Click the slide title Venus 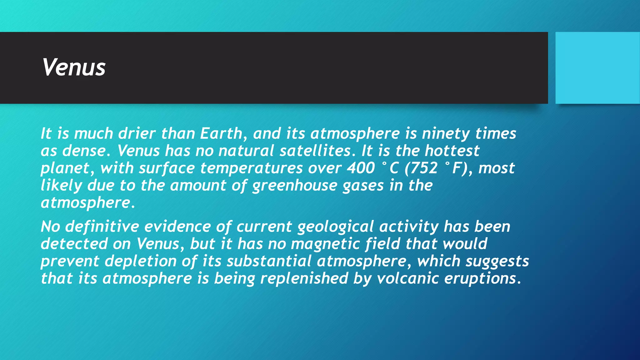[74, 67]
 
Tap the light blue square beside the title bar [597, 68]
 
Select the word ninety [446, 134]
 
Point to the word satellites [315, 151]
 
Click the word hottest [452, 151]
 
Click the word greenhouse [294, 186]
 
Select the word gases [363, 186]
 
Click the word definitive [102, 227]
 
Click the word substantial [269, 261]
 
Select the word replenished [304, 279]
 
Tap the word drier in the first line [137, 134]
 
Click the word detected [74, 244]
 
